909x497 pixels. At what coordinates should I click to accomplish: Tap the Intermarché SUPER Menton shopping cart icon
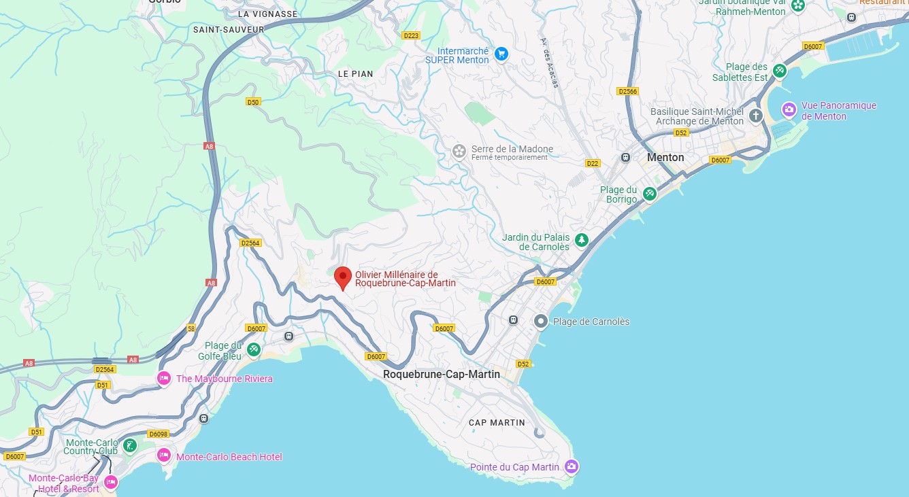pyautogui.click(x=501, y=54)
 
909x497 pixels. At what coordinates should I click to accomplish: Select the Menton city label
pyautogui.click(x=665, y=157)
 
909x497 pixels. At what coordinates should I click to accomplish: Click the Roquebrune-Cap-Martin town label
pyautogui.click(x=441, y=375)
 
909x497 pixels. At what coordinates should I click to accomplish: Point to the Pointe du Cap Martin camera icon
pyautogui.click(x=572, y=466)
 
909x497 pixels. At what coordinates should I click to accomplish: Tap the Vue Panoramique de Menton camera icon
pyautogui.click(x=789, y=109)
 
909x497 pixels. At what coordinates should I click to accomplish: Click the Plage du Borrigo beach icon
pyautogui.click(x=650, y=194)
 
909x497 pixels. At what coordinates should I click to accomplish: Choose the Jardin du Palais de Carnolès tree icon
pyautogui.click(x=581, y=239)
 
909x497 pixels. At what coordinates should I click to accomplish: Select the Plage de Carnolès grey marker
pyautogui.click(x=541, y=321)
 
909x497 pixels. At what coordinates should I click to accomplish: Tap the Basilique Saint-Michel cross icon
pyautogui.click(x=756, y=116)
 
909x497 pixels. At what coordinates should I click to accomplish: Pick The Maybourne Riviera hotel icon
pyautogui.click(x=164, y=378)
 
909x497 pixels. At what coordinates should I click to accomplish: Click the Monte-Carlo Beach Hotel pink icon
pyautogui.click(x=164, y=456)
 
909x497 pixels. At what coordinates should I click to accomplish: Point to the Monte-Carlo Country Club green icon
pyautogui.click(x=129, y=446)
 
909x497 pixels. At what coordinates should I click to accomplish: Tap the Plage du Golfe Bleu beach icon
pyautogui.click(x=254, y=349)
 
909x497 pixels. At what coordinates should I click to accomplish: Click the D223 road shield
pyautogui.click(x=410, y=35)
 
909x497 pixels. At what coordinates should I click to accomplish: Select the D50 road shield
pyautogui.click(x=253, y=102)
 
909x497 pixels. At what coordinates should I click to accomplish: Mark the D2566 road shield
pyautogui.click(x=627, y=91)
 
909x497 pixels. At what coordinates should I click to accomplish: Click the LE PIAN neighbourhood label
pyautogui.click(x=356, y=73)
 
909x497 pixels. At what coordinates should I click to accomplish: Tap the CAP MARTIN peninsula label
pyautogui.click(x=497, y=423)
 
